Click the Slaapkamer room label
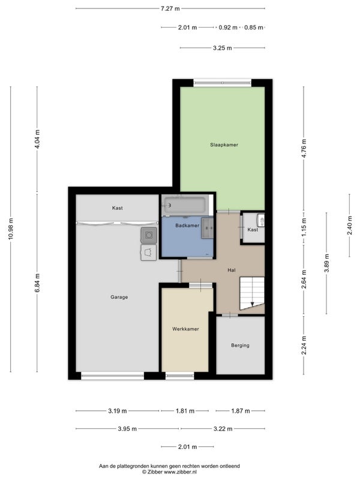[224, 145]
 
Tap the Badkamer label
[187, 226]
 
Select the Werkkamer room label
[185, 329]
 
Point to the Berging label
[240, 346]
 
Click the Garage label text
[119, 297]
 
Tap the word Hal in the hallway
[232, 270]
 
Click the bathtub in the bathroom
[185, 205]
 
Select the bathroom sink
[207, 228]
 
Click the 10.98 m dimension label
[11, 229]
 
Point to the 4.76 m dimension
[304, 148]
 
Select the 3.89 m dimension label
[326, 263]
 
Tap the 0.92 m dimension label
[228, 28]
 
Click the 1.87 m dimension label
[241, 411]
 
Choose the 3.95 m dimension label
[127, 429]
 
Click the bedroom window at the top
[223, 83]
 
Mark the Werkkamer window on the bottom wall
[179, 376]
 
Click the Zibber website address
[180, 472]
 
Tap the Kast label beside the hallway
[253, 230]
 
